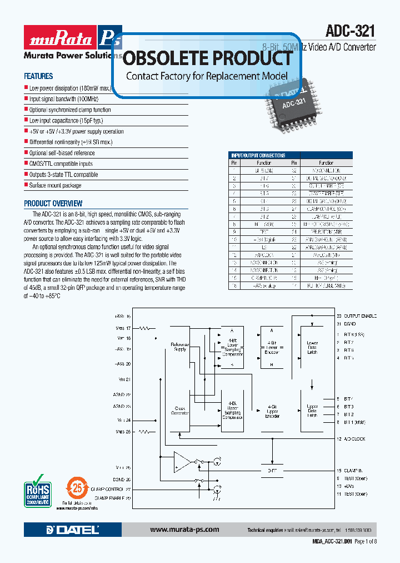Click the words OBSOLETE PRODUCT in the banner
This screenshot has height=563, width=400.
pyautogui.click(x=207, y=58)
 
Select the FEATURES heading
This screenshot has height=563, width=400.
pyautogui.click(x=38, y=76)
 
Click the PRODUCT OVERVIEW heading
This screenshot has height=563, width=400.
pyautogui.click(x=53, y=204)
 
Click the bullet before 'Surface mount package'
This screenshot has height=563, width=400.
pyautogui.click(x=26, y=185)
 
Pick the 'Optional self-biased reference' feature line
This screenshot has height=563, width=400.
pyautogui.click(x=62, y=153)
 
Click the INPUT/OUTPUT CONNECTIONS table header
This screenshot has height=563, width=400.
pyautogui.click(x=258, y=156)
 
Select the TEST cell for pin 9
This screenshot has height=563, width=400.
pyautogui.click(x=264, y=231)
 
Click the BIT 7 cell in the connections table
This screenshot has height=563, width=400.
pyautogui.click(x=264, y=177)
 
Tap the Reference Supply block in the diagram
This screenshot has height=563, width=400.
pyautogui.click(x=179, y=347)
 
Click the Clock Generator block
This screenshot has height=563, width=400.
pyautogui.click(x=179, y=411)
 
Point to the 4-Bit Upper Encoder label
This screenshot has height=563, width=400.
pyautogui.click(x=272, y=412)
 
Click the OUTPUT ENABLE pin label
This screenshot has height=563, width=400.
pyautogui.click(x=360, y=316)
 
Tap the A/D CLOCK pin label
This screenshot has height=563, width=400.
pyautogui.click(x=355, y=439)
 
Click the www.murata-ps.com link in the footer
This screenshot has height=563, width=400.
pyautogui.click(x=184, y=530)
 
